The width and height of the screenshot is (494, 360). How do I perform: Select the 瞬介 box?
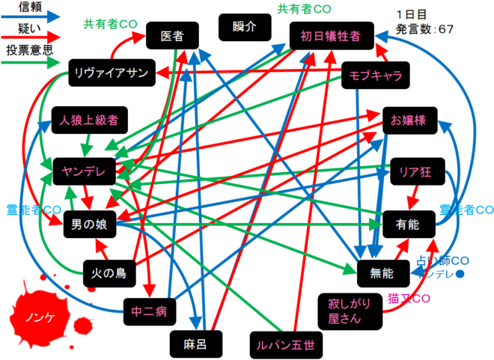(x=244, y=28)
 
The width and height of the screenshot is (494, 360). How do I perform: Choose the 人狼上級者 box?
(x=91, y=120)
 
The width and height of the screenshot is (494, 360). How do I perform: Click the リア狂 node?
(x=415, y=172)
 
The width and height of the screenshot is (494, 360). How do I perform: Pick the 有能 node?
(x=408, y=223)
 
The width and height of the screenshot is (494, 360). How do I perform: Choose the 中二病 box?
(x=148, y=309)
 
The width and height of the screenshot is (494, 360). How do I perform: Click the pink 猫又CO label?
(x=409, y=298)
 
